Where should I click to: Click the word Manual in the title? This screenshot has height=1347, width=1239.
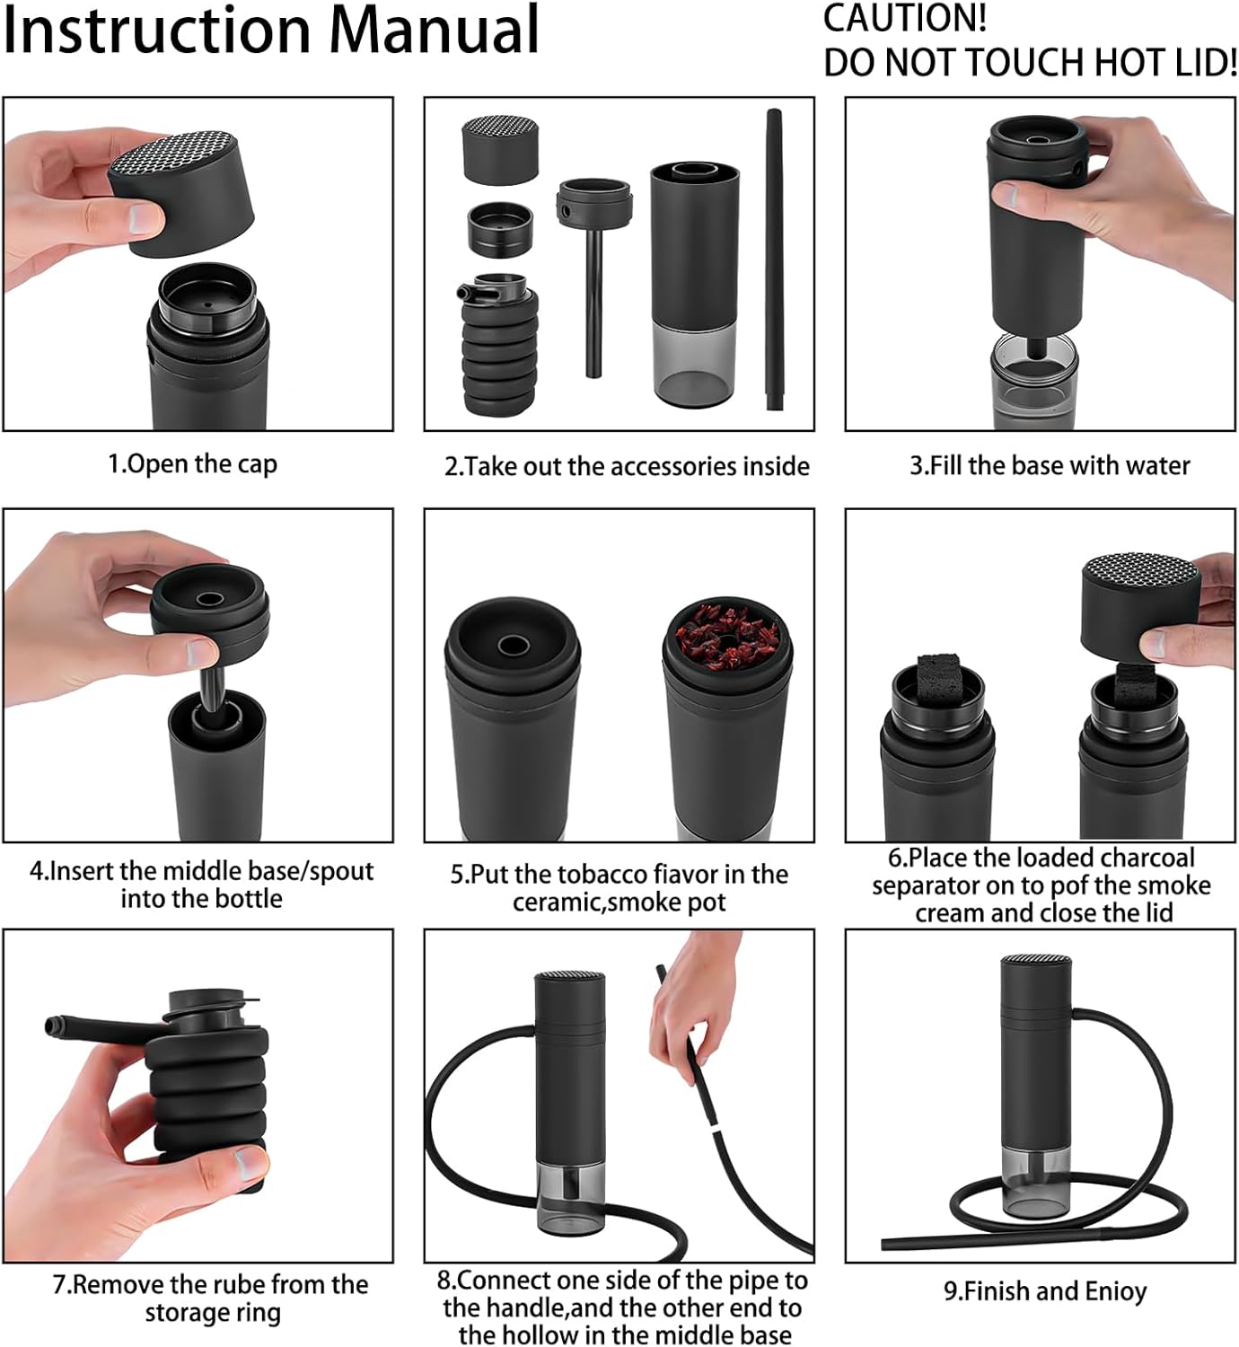tap(435, 31)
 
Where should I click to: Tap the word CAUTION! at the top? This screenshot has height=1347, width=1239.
tap(905, 18)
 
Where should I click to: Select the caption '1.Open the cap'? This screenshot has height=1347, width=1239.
tap(193, 464)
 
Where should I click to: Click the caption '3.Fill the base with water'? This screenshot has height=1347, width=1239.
tap(1050, 465)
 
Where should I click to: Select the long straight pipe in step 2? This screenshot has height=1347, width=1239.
tap(775, 260)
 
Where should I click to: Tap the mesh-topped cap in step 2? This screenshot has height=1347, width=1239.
tap(500, 149)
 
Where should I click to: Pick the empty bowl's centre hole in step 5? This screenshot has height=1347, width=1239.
tap(513, 646)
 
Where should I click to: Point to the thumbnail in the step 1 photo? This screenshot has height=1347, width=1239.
tap(145, 220)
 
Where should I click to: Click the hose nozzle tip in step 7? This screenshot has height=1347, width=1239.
tap(52, 1027)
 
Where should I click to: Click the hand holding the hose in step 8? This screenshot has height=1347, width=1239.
tap(691, 994)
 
